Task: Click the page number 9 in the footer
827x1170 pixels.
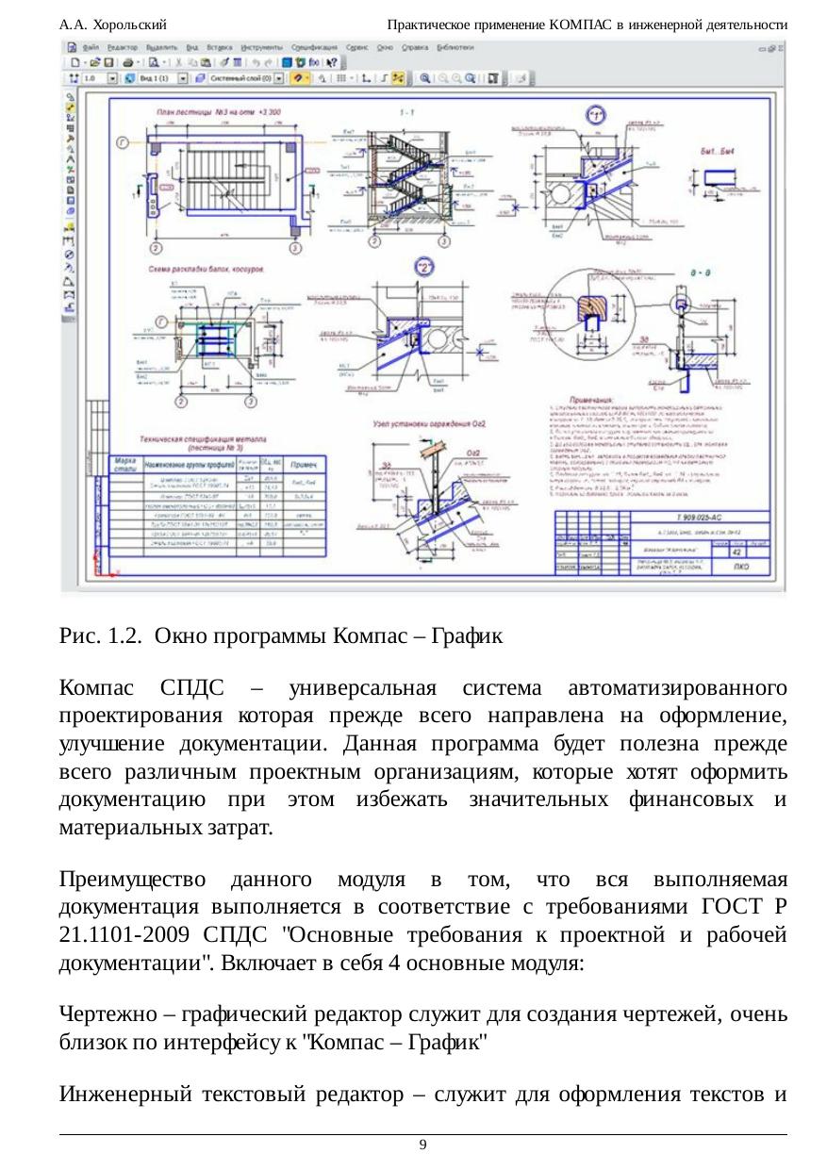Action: tap(422, 1145)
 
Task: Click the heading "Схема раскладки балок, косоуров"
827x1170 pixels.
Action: tap(206, 269)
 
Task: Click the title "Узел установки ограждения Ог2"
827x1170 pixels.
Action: tap(425, 425)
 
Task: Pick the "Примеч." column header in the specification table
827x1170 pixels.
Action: tap(304, 466)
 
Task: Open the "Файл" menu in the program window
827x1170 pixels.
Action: tap(91, 45)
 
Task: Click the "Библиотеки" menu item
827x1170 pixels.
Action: tap(455, 45)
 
